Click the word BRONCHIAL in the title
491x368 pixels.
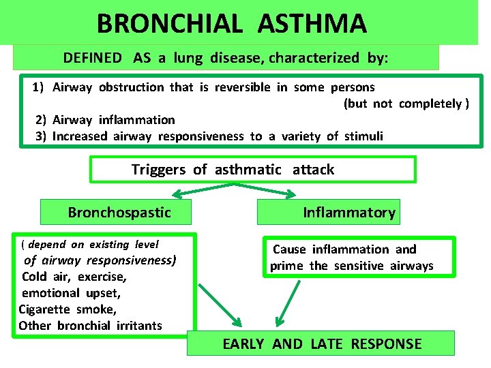point(168,24)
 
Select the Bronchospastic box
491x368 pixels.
point(116,212)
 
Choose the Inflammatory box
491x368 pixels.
point(328,212)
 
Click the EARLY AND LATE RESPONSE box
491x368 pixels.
point(321,343)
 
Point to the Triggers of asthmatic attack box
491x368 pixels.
point(252,169)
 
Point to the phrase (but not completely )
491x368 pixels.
point(406,104)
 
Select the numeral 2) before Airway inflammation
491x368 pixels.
point(41,120)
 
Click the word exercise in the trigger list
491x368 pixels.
point(102,277)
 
